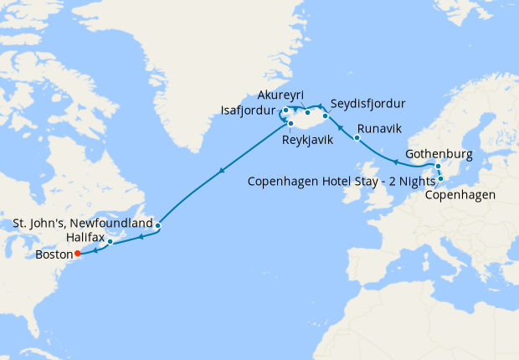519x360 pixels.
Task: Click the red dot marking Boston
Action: pyautogui.click(x=77, y=253)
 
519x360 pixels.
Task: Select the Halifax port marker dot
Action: pyautogui.click(x=110, y=242)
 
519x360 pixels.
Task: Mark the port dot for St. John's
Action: pyautogui.click(x=157, y=225)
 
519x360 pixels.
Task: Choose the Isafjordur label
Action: pyautogui.click(x=250, y=109)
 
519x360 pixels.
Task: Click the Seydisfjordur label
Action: pyautogui.click(x=368, y=104)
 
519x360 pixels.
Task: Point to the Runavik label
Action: pyautogui.click(x=379, y=129)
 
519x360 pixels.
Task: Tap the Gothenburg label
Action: pyautogui.click(x=439, y=155)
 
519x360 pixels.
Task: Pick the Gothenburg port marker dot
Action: pyautogui.click(x=439, y=166)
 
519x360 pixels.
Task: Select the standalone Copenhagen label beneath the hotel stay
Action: pyautogui.click(x=460, y=196)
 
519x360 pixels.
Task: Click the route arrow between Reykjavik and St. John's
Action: pyautogui.click(x=221, y=172)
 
